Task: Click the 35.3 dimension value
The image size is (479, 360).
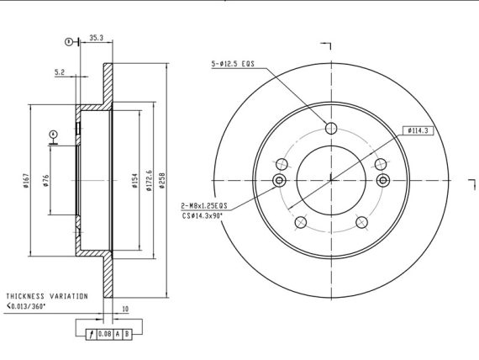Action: [97, 38]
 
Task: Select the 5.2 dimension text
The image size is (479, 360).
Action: [60, 72]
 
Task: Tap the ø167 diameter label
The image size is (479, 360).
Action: [27, 181]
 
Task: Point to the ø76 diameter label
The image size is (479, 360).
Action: [45, 181]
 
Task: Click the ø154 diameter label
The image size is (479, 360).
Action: [135, 181]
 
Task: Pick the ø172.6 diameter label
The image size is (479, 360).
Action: [149, 181]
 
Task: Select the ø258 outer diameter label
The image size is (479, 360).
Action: [162, 181]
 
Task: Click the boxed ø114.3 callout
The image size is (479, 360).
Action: [418, 131]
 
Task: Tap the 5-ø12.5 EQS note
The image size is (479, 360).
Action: [233, 64]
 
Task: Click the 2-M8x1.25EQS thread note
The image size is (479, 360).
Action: [204, 206]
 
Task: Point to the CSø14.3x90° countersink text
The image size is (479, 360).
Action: [203, 215]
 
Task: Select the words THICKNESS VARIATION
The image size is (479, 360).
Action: [47, 296]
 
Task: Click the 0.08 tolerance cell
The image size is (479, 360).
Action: [105, 334]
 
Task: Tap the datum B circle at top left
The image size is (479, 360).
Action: [69, 41]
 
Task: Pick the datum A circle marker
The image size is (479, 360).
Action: [54, 135]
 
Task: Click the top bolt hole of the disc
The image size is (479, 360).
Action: [331, 128]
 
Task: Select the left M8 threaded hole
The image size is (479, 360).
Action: [279, 180]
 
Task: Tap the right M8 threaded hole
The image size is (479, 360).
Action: [383, 180]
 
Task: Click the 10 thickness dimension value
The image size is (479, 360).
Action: [125, 310]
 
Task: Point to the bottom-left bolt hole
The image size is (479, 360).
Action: [301, 222]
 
